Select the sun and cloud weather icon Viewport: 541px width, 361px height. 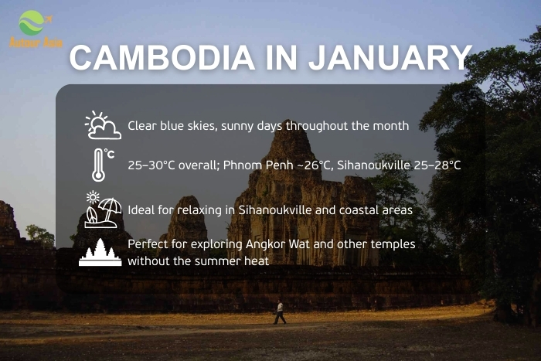click(102, 125)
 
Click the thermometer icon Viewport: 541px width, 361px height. click(100, 165)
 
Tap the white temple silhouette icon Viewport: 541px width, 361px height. click(100, 252)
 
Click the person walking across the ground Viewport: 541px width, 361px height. click(279, 312)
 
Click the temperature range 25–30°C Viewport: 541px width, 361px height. click(152, 165)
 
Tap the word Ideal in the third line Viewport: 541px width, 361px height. click(141, 209)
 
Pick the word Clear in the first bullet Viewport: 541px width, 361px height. click(142, 125)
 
